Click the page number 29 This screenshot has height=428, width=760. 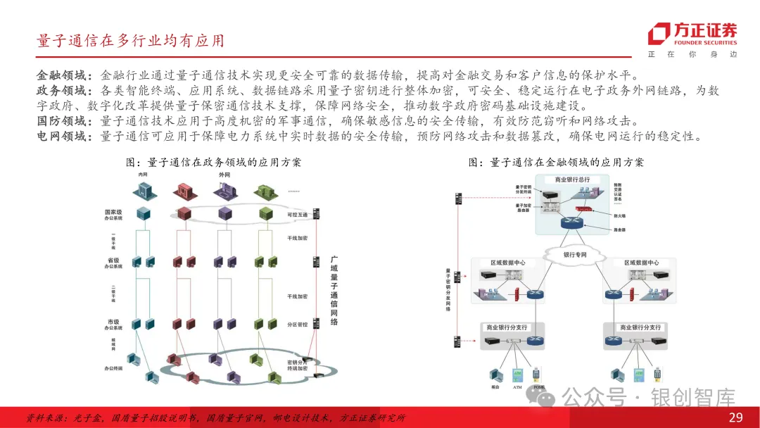pyautogui.click(x=735, y=417)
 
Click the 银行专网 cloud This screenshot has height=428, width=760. pyautogui.click(x=574, y=255)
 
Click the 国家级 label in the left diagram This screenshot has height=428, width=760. pyautogui.click(x=113, y=210)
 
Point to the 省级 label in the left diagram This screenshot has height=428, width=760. pyautogui.click(x=113, y=260)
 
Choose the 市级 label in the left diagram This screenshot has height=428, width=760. pyautogui.click(x=113, y=322)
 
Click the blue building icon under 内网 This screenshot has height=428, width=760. pyautogui.click(x=145, y=191)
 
